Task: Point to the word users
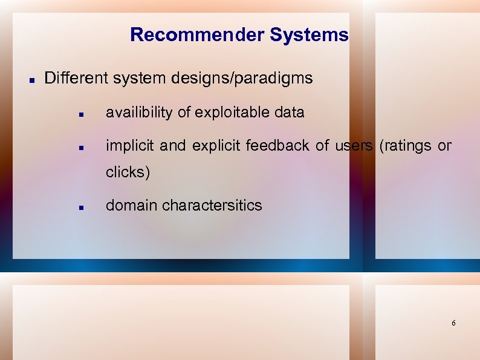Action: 354,146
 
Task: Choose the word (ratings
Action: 405,146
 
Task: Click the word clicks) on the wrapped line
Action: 128,172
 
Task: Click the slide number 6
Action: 453,323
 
